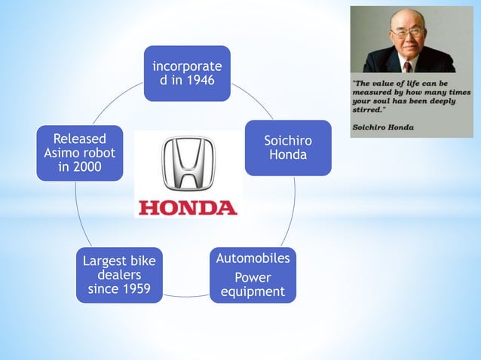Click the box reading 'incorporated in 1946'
point(187,73)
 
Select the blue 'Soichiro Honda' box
point(287,148)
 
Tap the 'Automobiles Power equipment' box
point(253,275)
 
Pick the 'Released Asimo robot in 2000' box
point(79,153)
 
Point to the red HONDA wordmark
point(188,206)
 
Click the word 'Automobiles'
point(253,258)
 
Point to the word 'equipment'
point(253,291)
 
